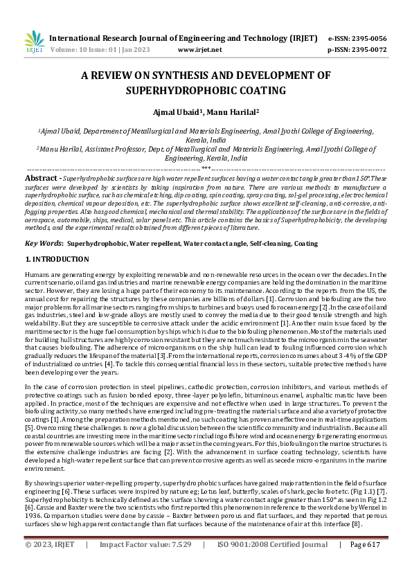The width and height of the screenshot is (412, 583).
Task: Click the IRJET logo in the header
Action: [x=33, y=43]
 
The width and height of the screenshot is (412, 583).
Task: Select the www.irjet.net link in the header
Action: [x=200, y=50]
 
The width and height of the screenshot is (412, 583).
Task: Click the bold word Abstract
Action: [x=41, y=177]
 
